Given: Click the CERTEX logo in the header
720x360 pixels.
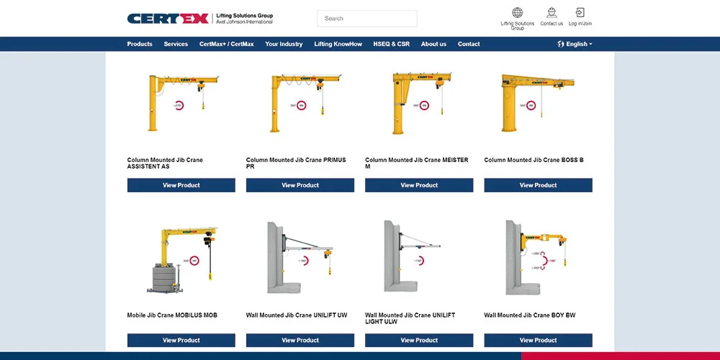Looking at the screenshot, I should [x=168, y=18].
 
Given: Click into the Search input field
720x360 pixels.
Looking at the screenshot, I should [x=367, y=19].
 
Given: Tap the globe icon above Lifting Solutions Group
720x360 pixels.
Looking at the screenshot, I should [x=517, y=12].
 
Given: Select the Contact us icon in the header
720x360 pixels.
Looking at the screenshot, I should [x=552, y=12].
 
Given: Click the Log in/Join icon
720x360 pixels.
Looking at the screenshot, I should [x=580, y=12].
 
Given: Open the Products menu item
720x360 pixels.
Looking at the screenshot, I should [x=140, y=44].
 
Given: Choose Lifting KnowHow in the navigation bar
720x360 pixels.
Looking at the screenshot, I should [x=338, y=44].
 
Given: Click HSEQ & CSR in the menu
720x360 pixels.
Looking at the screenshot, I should [x=391, y=44].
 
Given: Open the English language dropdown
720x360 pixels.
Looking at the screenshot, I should [x=575, y=44].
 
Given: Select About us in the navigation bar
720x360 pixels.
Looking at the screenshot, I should [x=433, y=44].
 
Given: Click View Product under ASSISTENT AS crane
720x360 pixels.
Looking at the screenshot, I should [x=181, y=185].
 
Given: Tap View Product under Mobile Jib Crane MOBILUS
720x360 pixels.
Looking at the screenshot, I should [x=181, y=340].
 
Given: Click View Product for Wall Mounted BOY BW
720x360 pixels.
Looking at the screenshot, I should [x=538, y=340].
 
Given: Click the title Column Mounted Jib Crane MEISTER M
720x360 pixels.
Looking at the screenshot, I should [x=416, y=163].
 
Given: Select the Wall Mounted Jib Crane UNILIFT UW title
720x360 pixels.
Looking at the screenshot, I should [x=297, y=315].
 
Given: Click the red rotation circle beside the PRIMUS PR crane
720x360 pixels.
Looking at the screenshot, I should [x=302, y=105].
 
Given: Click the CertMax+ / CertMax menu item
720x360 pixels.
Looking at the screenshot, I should [x=226, y=44].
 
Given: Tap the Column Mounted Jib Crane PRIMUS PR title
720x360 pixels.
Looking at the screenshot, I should [x=296, y=163].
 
